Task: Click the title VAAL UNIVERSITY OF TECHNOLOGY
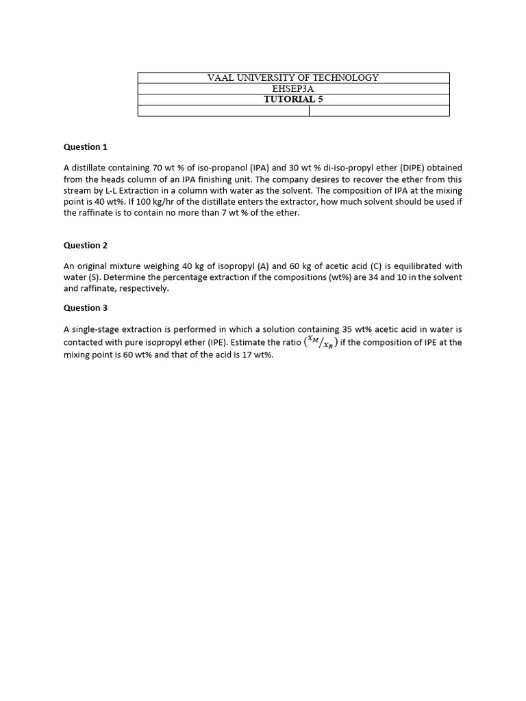(293, 77)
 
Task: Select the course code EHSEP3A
(293, 88)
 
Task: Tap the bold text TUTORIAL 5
(293, 99)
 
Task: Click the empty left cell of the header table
(223, 111)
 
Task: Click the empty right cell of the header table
(379, 111)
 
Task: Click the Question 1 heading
(86, 146)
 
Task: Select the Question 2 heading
(86, 245)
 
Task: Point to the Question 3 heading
(86, 307)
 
